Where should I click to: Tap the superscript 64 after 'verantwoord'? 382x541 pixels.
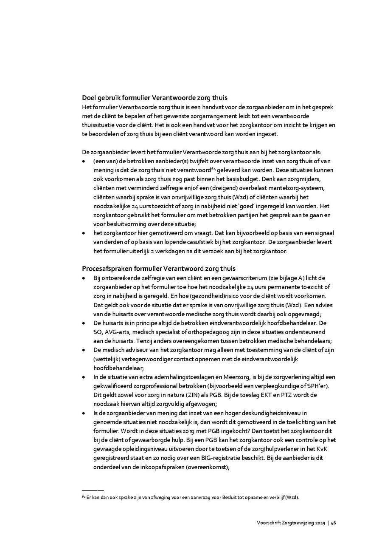coord(213,168)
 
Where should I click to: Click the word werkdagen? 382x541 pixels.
coord(181,251)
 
